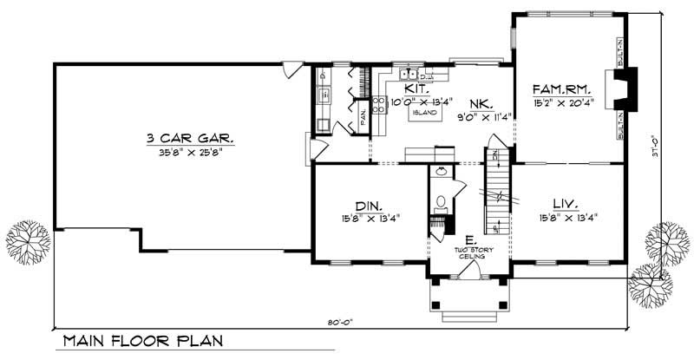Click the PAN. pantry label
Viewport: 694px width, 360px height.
click(x=362, y=113)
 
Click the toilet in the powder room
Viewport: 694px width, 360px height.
click(x=441, y=203)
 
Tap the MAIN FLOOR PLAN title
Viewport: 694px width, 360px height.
click(x=143, y=342)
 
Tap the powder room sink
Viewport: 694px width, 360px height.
click(x=441, y=171)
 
